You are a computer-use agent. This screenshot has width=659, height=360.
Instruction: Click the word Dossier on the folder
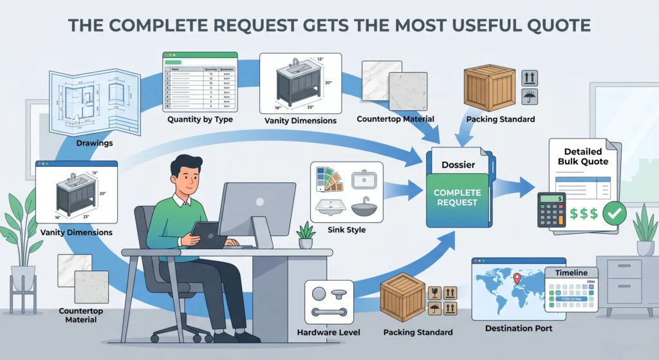click(x=458, y=165)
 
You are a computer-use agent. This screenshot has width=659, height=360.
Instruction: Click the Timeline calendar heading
click(x=571, y=272)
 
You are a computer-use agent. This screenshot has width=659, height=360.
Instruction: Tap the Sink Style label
click(x=346, y=229)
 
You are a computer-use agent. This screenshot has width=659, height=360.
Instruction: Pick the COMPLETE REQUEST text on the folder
click(x=457, y=197)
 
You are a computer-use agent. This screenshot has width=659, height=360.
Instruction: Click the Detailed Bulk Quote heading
click(x=582, y=156)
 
